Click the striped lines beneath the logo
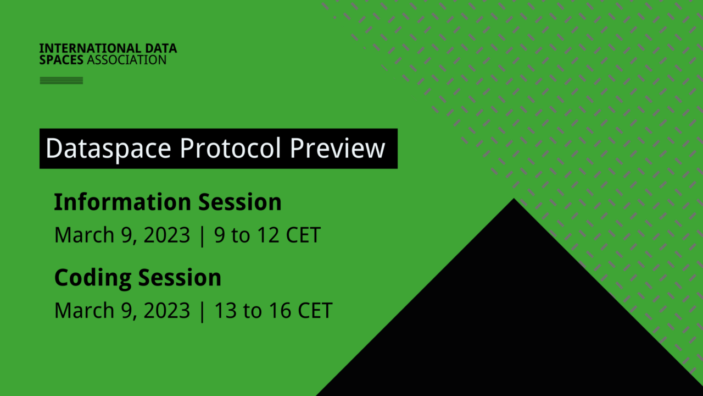pos(62,81)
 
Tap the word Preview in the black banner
pos(338,148)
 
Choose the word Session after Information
pos(240,202)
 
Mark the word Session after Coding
pos(180,277)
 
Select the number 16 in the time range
pos(280,311)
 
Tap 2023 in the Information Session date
pos(167,235)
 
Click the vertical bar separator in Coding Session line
pos(202,311)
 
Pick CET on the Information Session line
pos(303,235)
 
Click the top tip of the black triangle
pos(514,200)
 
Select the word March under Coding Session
pos(81,311)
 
